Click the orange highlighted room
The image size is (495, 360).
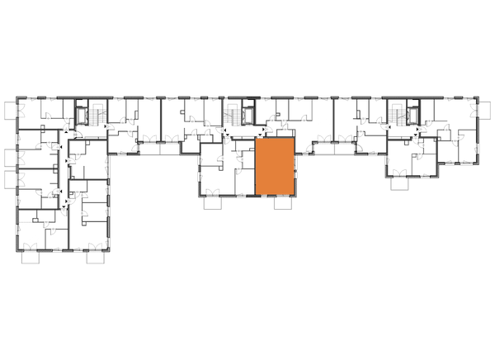point(276,167)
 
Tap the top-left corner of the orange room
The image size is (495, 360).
point(256,139)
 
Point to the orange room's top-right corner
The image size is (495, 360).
point(295,139)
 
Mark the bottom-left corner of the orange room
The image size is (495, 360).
point(256,196)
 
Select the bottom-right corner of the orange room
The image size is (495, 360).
point(295,196)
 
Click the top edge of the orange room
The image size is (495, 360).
point(276,139)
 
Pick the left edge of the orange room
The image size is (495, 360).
point(256,167)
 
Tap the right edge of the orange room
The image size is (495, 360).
point(295,167)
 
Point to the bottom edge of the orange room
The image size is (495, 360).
point(276,196)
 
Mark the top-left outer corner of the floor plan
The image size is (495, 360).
point(19,99)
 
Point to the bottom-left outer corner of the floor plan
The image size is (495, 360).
point(19,248)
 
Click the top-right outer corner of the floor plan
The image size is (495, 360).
point(476,99)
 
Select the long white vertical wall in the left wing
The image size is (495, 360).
point(73,227)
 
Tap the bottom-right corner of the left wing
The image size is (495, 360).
point(107,248)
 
